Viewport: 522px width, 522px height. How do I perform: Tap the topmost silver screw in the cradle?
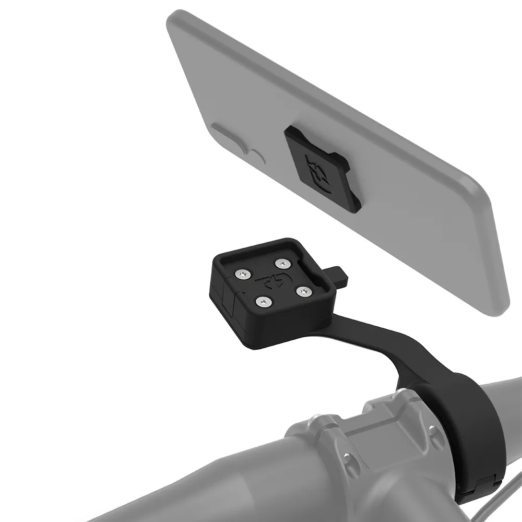click(x=282, y=263)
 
